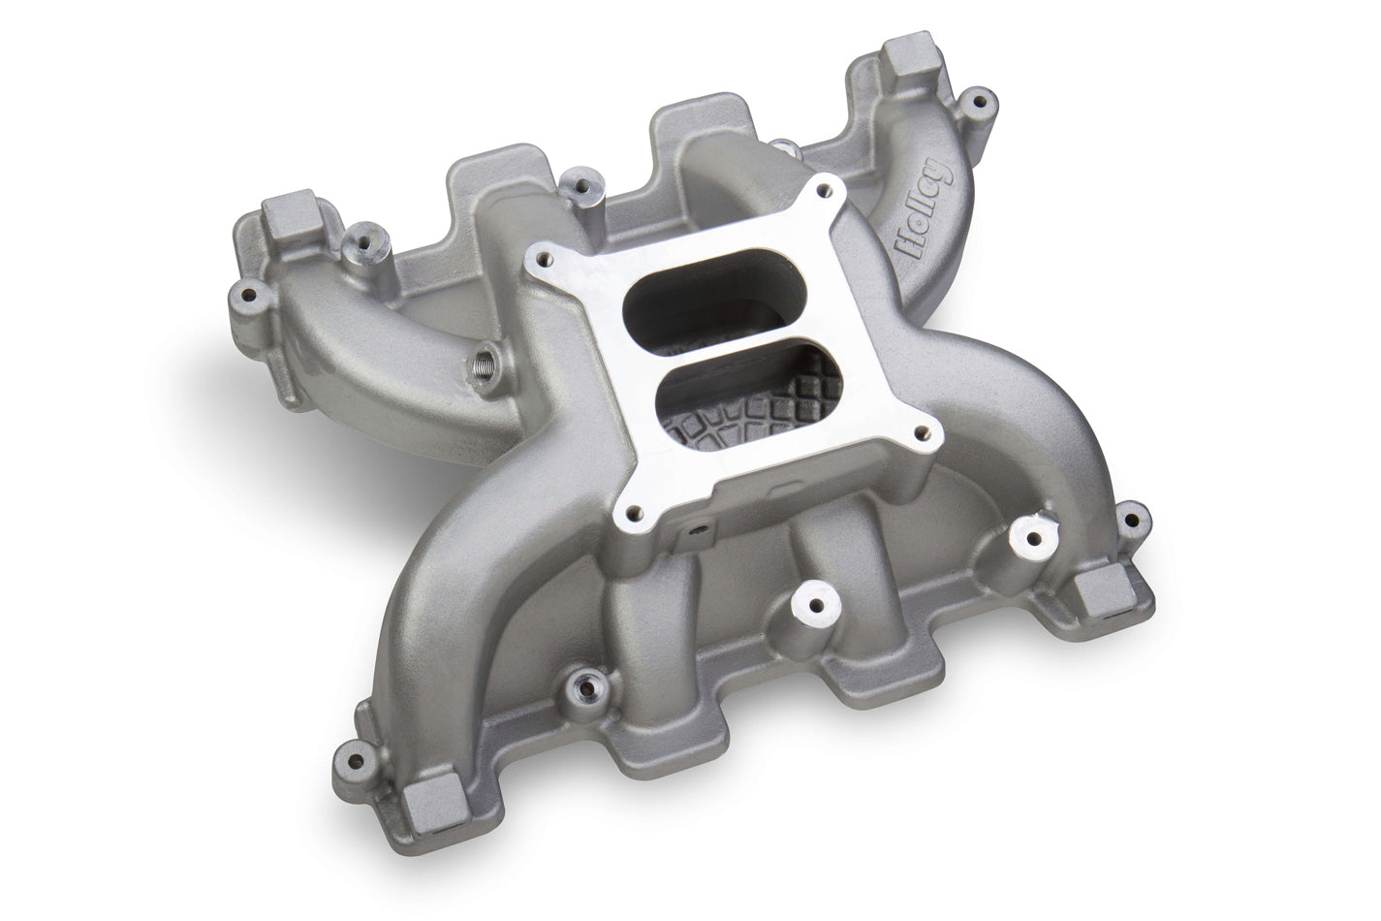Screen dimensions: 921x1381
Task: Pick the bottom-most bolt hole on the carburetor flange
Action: coord(635,515)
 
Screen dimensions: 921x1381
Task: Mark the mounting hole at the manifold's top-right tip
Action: coord(981,98)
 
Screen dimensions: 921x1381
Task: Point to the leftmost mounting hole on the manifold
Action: coord(247,293)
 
